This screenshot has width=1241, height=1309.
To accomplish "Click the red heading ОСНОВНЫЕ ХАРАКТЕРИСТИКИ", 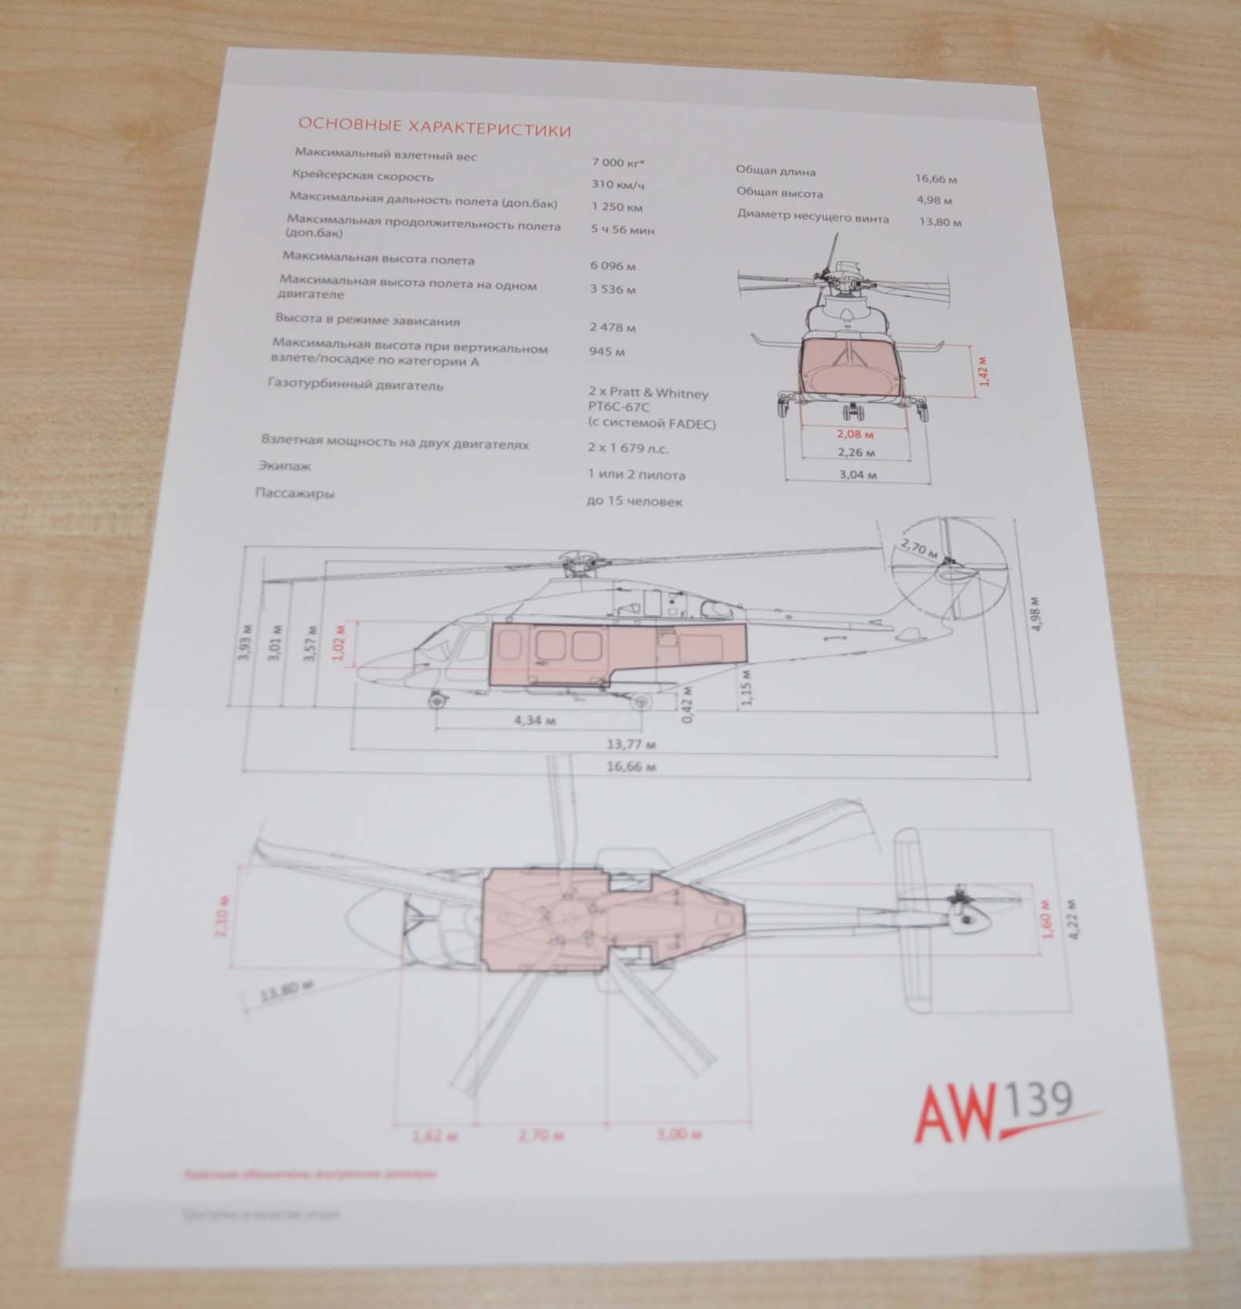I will point(435,128).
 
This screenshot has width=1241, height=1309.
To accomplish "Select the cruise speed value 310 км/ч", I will point(617,186).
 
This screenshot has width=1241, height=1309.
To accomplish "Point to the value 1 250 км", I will point(617,208).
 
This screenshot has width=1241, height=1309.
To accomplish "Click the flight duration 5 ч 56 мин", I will point(623,230).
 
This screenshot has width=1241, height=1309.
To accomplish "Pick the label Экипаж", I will point(284,465).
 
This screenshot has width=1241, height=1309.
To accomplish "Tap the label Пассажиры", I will point(295,494).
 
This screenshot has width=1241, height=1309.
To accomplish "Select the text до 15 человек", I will point(634,501).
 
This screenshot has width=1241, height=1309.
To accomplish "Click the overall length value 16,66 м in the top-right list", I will point(936,179).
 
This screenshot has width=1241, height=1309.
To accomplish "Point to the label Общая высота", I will point(780,193).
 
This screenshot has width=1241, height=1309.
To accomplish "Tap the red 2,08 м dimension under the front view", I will point(856,432).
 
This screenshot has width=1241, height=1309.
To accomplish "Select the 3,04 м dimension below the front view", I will point(857,475).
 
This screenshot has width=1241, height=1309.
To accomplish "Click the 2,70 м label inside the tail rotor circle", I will point(919,548).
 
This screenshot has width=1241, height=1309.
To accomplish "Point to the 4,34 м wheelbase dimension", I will point(534,719).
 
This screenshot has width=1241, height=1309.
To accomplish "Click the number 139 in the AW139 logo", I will point(1040,1099).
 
